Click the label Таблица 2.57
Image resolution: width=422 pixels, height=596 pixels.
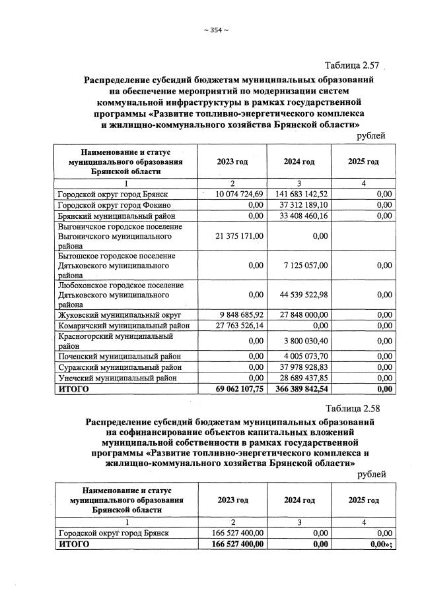pos(352,65)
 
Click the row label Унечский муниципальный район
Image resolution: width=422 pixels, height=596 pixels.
pos(117,378)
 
